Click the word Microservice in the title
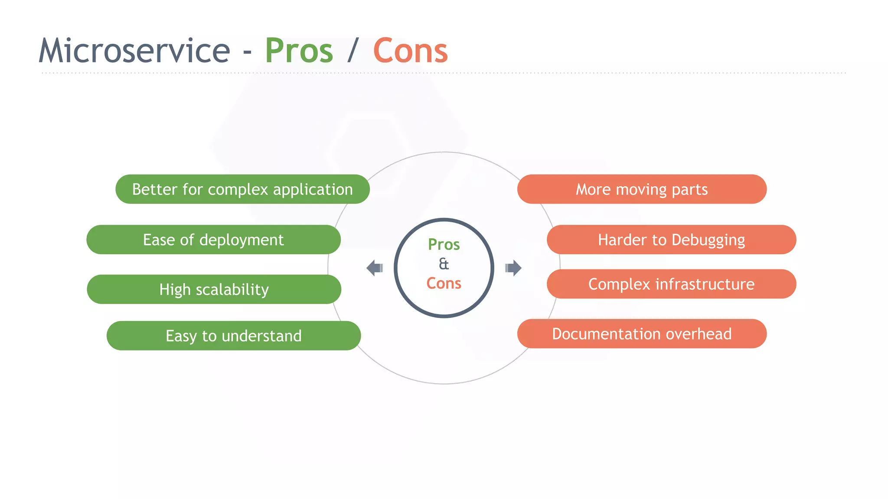click(134, 51)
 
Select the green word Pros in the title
click(299, 51)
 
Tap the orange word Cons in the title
click(410, 51)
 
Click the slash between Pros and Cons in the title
click(353, 51)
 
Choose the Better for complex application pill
click(242, 189)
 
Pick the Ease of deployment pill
click(213, 240)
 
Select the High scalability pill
click(214, 289)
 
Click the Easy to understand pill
click(233, 336)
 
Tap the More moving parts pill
click(642, 189)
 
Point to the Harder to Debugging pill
click(671, 240)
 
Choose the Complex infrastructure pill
click(671, 284)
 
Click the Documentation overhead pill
click(642, 334)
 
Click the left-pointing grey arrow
click(374, 268)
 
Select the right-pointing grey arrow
click(513, 268)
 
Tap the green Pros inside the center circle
click(444, 245)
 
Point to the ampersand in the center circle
click(444, 264)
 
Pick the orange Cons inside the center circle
click(444, 283)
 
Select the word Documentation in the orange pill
click(607, 334)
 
